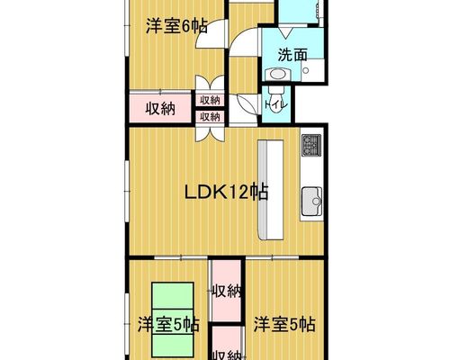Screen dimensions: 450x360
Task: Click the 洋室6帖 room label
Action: (176, 26)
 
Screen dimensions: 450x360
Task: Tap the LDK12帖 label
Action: (226, 193)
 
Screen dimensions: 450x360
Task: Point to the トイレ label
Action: (276, 105)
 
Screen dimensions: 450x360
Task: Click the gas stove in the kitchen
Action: (311, 145)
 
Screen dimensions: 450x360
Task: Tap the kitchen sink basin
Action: (312, 202)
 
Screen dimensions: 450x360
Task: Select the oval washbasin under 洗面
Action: (277, 74)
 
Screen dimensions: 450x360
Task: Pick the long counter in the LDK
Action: (271, 190)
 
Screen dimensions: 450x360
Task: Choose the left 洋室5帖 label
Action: (168, 324)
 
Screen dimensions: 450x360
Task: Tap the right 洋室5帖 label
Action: (284, 324)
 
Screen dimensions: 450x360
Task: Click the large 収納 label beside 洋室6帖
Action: (160, 108)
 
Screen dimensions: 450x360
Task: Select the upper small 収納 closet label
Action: (210, 100)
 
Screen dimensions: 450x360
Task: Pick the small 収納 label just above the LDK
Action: (210, 116)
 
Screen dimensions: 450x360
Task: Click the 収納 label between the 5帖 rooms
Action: (227, 291)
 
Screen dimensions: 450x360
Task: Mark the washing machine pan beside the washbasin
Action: (312, 70)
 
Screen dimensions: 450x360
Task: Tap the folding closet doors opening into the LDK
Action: (210, 133)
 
